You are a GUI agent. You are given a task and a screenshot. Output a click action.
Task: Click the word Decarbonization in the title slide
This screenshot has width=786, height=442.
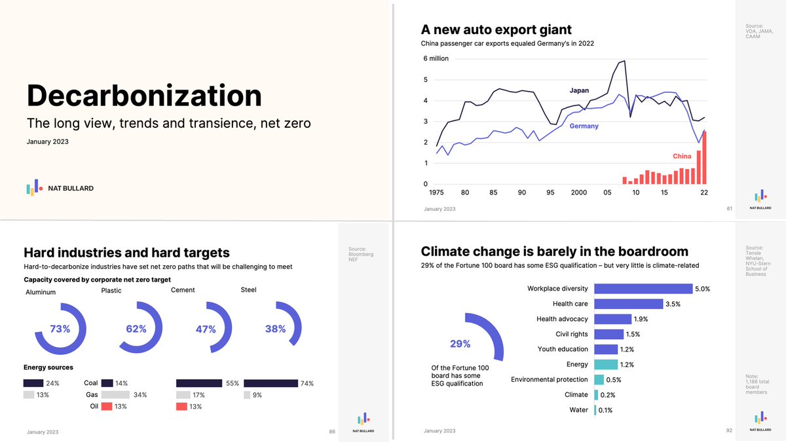(x=144, y=96)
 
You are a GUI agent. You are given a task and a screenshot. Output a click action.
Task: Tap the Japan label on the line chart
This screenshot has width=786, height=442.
(x=578, y=90)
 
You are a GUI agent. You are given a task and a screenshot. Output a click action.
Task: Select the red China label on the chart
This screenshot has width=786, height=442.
(x=682, y=157)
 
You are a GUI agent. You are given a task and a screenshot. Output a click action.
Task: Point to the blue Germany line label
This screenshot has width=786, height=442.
(x=584, y=126)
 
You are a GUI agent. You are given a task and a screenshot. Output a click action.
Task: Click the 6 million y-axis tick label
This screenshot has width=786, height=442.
(x=436, y=58)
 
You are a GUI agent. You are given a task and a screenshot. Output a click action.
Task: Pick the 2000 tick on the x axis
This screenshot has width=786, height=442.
(x=578, y=193)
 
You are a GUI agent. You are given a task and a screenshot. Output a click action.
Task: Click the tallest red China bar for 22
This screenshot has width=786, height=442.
(x=705, y=158)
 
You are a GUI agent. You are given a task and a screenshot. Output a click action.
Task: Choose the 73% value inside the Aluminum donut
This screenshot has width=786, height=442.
(x=60, y=329)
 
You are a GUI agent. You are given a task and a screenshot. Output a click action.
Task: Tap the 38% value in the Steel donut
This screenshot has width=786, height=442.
(x=275, y=329)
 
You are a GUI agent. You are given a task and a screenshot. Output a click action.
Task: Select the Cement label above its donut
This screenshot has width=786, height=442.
(x=183, y=290)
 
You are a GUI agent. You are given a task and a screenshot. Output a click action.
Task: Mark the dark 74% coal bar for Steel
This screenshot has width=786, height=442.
(x=271, y=383)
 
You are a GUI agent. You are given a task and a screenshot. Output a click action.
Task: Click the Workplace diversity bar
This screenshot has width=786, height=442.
(x=643, y=289)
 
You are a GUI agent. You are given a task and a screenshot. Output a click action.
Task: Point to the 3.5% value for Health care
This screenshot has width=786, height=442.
(x=673, y=304)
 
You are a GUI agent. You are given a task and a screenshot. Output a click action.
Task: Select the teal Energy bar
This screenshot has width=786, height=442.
(x=606, y=365)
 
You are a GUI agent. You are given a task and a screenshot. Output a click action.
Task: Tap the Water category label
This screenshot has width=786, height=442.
(x=578, y=410)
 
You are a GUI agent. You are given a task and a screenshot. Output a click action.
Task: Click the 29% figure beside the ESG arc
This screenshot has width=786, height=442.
(x=460, y=344)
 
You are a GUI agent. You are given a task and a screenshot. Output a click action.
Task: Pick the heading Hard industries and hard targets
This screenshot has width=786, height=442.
(x=126, y=252)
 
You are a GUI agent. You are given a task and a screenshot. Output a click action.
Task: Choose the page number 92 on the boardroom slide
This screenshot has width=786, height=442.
(x=729, y=431)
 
